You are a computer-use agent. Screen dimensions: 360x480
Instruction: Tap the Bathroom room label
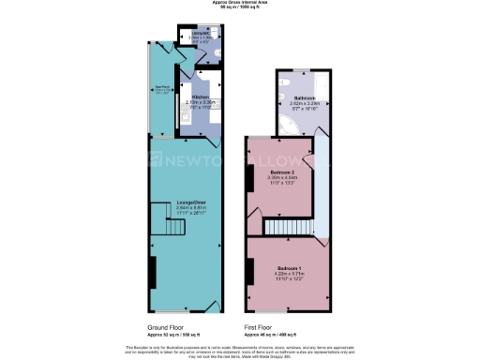tap(302, 97)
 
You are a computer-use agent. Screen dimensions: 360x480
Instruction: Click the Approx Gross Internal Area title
tap(240, 4)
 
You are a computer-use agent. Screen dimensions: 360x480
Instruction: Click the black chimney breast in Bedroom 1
tap(249, 272)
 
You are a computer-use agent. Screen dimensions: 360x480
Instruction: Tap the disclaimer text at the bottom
tap(240, 350)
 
